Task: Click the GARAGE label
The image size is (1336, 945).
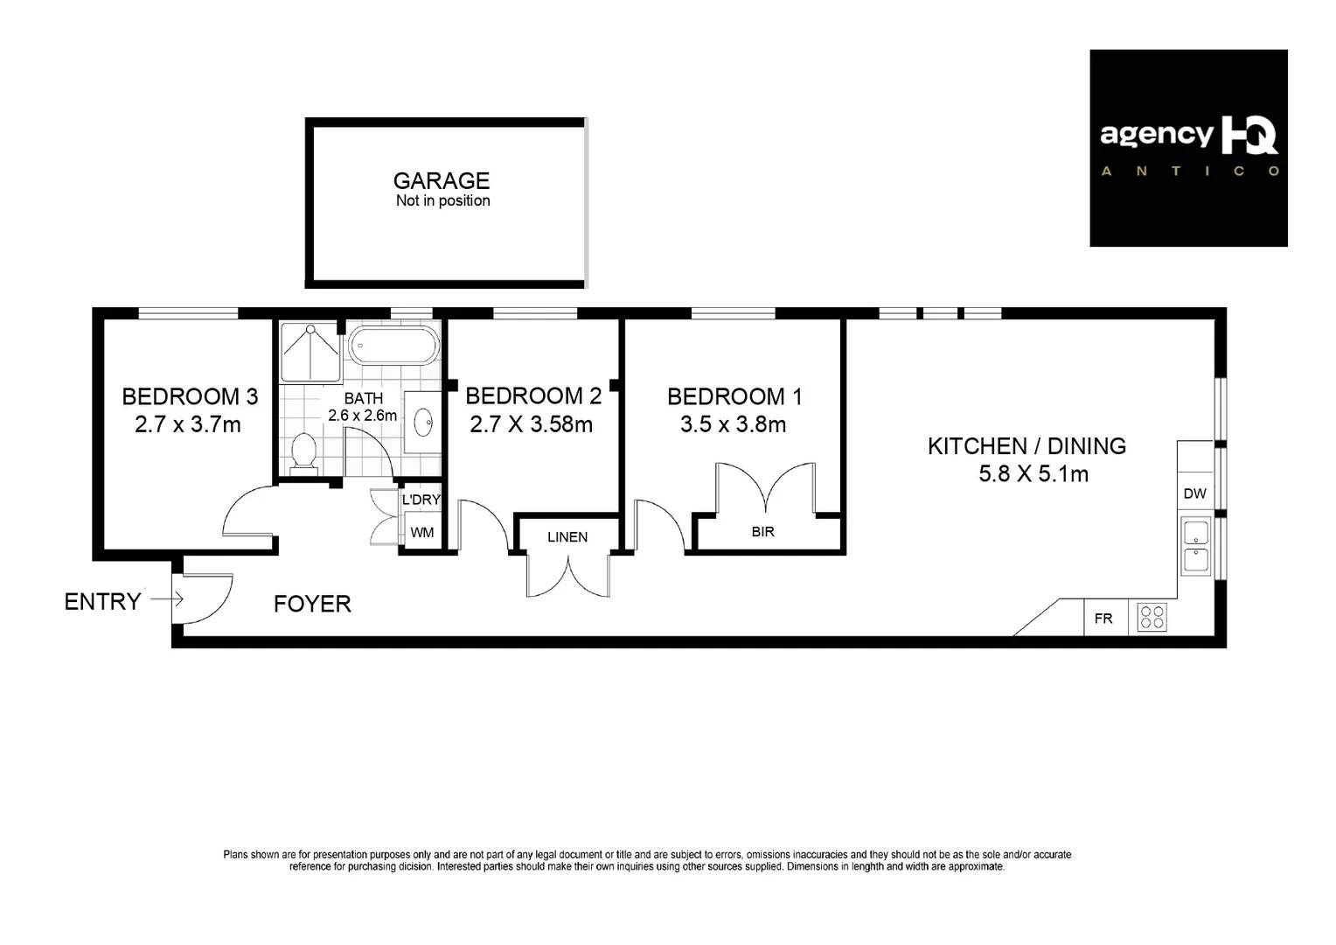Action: coord(441,181)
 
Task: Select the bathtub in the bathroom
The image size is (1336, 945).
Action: coord(393,346)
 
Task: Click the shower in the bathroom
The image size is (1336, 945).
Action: coord(310,351)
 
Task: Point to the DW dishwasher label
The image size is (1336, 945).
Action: coord(1194,493)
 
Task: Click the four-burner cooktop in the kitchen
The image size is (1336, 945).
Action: coord(1152,618)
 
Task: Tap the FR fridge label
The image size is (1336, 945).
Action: coord(1103,619)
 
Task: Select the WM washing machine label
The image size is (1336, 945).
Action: coord(422,532)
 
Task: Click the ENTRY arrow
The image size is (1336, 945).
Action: coord(166,599)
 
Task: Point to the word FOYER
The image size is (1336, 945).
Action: coord(312,604)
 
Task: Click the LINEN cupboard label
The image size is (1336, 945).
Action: coord(567,537)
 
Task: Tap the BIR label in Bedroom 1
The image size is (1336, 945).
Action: coord(762,531)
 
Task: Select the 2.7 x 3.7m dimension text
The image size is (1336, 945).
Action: coord(188,425)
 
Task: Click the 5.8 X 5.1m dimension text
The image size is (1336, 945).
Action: coord(1033,474)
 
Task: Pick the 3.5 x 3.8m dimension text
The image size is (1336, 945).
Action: coord(733,425)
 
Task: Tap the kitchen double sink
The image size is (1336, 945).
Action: coord(1196,546)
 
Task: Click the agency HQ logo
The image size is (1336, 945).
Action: coord(1188,147)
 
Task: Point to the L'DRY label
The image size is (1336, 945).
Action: coord(421,500)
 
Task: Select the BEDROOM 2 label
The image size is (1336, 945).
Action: coord(533,396)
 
